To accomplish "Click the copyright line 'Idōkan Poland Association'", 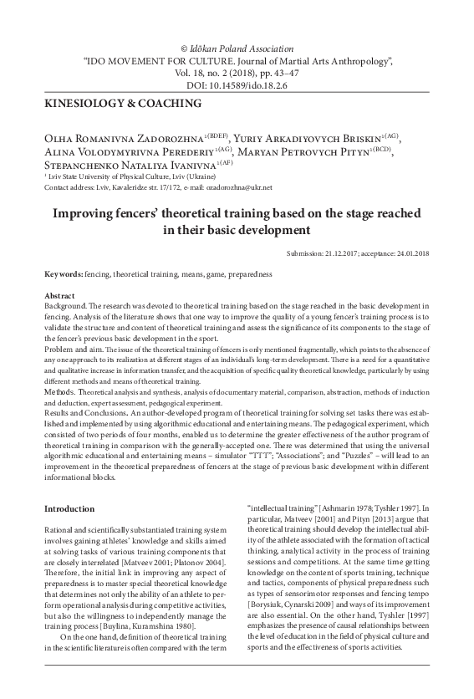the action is (242, 48).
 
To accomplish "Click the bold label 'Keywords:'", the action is (64, 274).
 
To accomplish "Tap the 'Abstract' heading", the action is (60, 297).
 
